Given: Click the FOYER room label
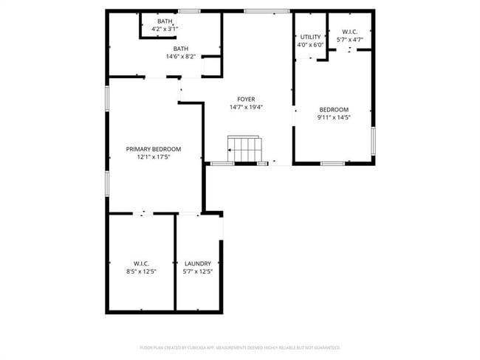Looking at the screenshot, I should (247, 99).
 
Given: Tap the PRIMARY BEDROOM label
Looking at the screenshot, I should (153, 149).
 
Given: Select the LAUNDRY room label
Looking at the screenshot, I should (198, 263).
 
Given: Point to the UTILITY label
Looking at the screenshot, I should (309, 37).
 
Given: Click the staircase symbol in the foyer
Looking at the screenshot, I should (244, 149).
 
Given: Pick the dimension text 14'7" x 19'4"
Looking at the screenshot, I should (247, 107).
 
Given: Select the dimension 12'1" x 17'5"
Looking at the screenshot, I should (154, 156).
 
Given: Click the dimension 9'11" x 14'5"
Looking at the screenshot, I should (334, 117).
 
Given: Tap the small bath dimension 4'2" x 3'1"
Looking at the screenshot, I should (165, 29).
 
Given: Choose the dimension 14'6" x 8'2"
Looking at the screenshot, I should (181, 56).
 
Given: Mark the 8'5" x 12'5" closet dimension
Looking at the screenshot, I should (141, 271).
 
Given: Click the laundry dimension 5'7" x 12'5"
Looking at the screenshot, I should (198, 271).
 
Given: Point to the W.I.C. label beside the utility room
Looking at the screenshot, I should (349, 31).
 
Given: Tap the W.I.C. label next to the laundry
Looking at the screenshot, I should (141, 263).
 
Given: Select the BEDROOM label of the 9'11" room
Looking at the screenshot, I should (334, 110).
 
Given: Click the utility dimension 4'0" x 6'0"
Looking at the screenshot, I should (309, 44).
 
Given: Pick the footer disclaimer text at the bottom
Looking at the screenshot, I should (240, 347).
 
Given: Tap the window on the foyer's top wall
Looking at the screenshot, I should (267, 11).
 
